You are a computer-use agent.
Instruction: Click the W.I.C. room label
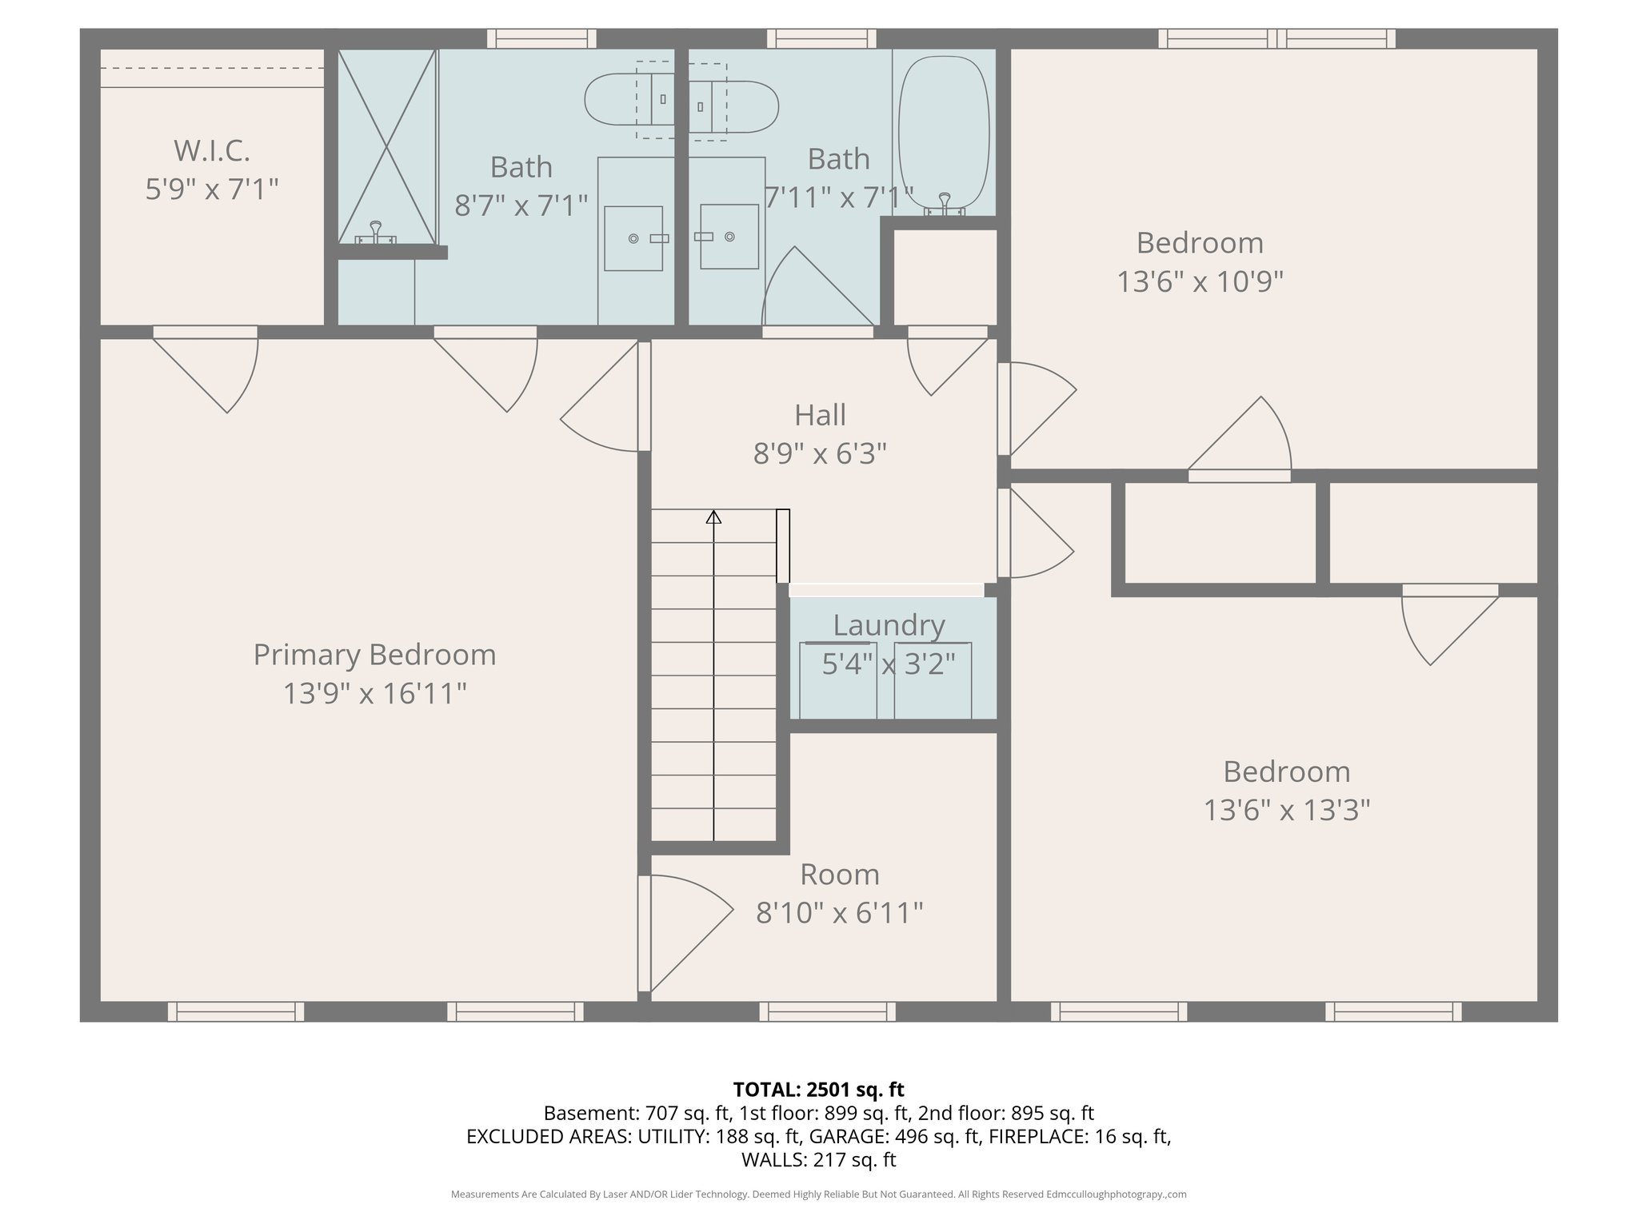tap(212, 150)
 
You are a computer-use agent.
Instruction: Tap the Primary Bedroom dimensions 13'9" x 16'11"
tap(374, 693)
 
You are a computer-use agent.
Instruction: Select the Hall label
tap(820, 415)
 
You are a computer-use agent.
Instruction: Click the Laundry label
tap(889, 625)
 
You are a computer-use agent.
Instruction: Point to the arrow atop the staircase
tap(713, 517)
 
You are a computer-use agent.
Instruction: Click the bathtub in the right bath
tap(944, 132)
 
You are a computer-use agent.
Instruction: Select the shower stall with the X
tap(386, 146)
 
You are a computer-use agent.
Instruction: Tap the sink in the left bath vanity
tap(633, 238)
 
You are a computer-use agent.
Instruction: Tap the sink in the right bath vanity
tap(729, 237)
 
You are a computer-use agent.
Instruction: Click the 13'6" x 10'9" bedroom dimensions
tap(1200, 281)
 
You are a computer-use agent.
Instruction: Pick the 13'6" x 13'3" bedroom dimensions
tap(1286, 811)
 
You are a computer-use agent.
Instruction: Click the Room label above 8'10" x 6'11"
tap(839, 875)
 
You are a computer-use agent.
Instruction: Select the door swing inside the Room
tap(688, 931)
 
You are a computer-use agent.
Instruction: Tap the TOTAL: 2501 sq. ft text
tap(818, 1089)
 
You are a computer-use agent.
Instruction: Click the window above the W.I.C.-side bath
tap(541, 38)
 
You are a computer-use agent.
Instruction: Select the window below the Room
tap(827, 1012)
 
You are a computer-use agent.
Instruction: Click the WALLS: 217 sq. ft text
tap(818, 1160)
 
